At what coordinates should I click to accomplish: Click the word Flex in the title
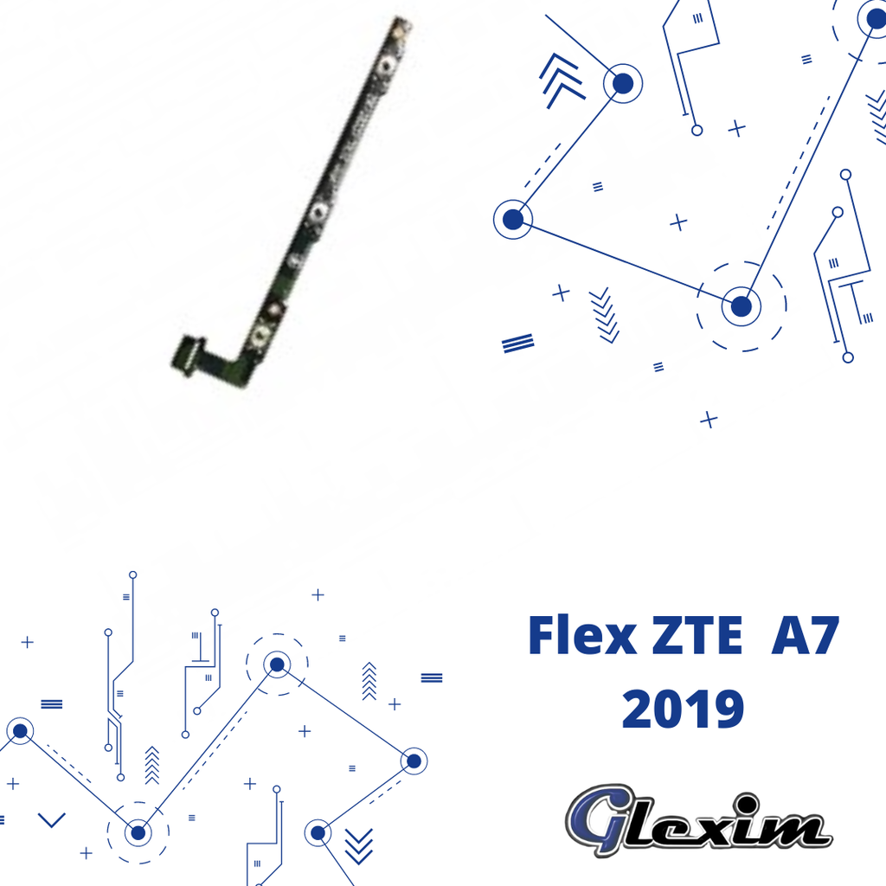[582, 635]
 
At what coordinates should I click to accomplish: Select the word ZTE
[697, 635]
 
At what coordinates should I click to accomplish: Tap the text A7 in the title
[806, 635]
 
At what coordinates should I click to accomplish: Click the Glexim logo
[699, 820]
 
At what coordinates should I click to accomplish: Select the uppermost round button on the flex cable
[386, 66]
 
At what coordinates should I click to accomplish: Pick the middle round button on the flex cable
[318, 213]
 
